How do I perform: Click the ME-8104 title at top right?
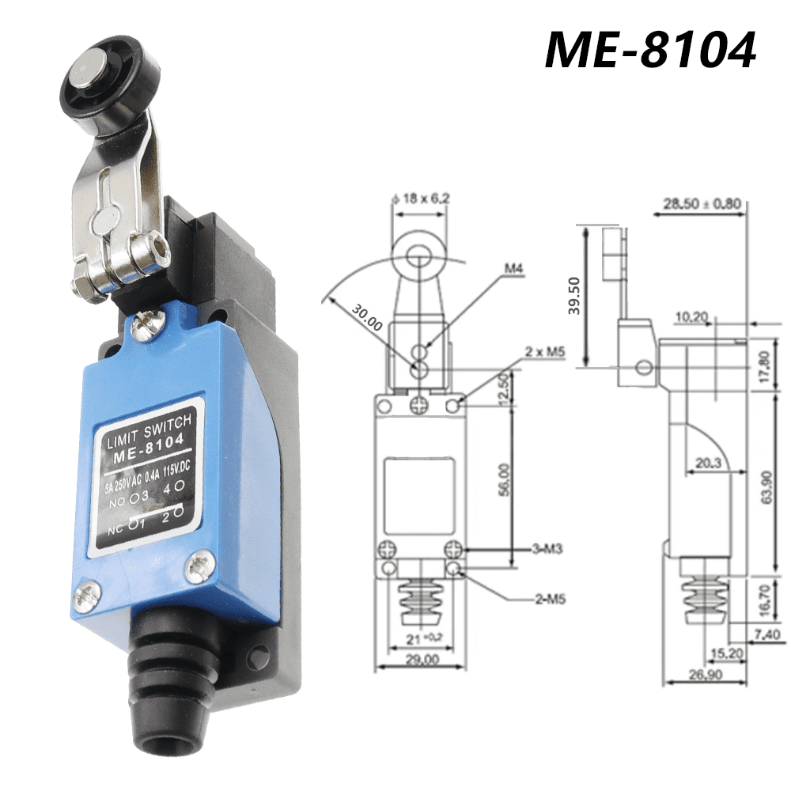(x=650, y=50)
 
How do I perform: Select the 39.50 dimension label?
(x=574, y=296)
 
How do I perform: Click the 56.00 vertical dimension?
(x=503, y=479)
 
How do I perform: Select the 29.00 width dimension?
(x=419, y=658)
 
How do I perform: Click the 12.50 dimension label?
(x=503, y=388)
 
